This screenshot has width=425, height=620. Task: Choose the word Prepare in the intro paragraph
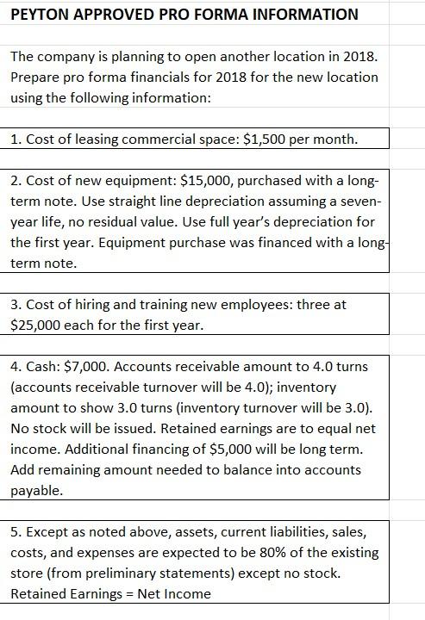point(35,77)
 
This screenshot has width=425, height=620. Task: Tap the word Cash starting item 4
point(40,367)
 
